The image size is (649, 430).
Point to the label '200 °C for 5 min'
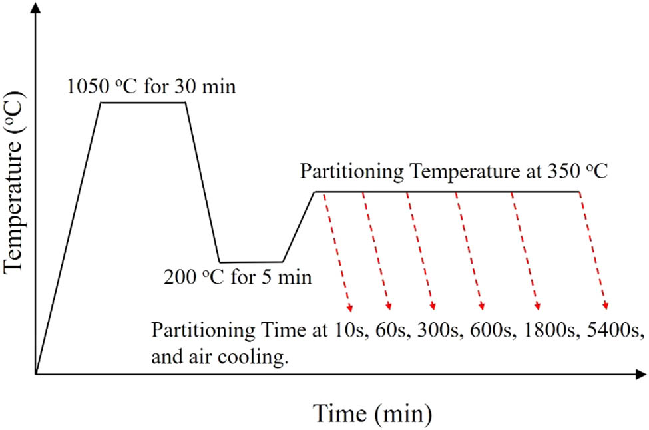pyautogui.click(x=238, y=276)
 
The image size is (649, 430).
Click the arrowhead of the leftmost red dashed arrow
pyautogui.click(x=349, y=308)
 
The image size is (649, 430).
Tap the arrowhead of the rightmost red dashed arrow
pyautogui.click(x=606, y=307)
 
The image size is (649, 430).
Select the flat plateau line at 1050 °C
pyautogui.click(x=143, y=102)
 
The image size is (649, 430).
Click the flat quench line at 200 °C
pyautogui.click(x=251, y=262)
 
